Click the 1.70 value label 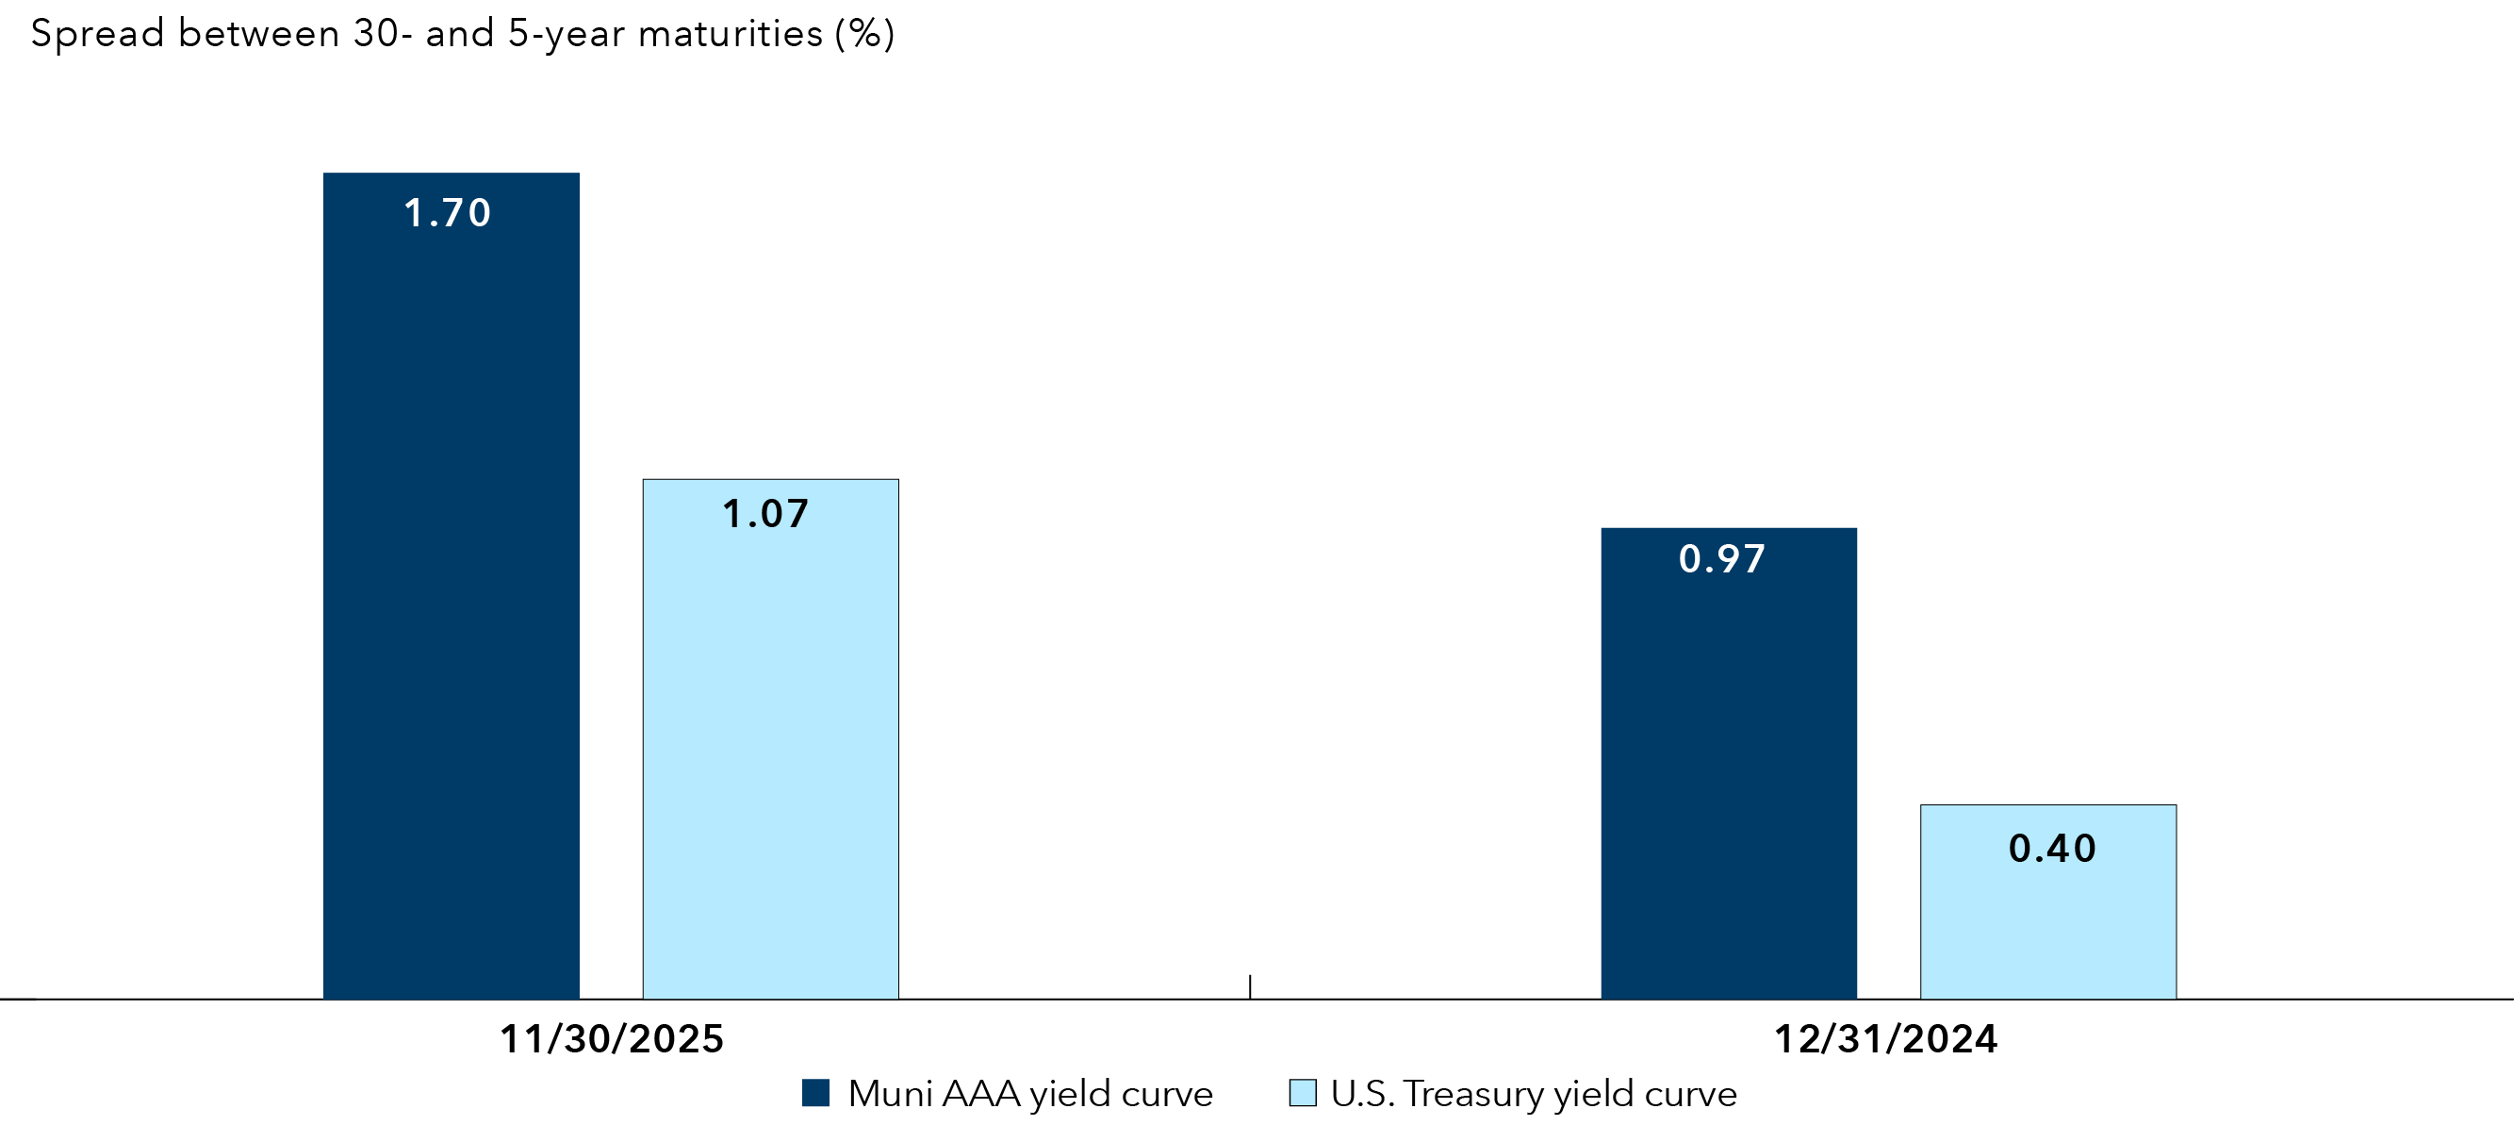coord(447,213)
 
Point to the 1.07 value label coord(766,514)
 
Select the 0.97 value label coord(1722,559)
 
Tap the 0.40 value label coord(2052,848)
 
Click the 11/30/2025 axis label coord(612,1038)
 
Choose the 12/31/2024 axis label coord(1885,1038)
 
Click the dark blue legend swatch coord(816,1092)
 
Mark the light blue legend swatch coord(1302,1092)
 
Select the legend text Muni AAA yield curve coord(1029,1094)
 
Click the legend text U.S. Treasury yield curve coord(1533,1094)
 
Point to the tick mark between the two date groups coord(1250,985)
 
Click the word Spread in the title coord(96,34)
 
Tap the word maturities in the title coord(730,34)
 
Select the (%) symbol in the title coord(864,34)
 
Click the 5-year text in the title coord(566,34)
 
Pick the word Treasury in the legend coord(1473,1094)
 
